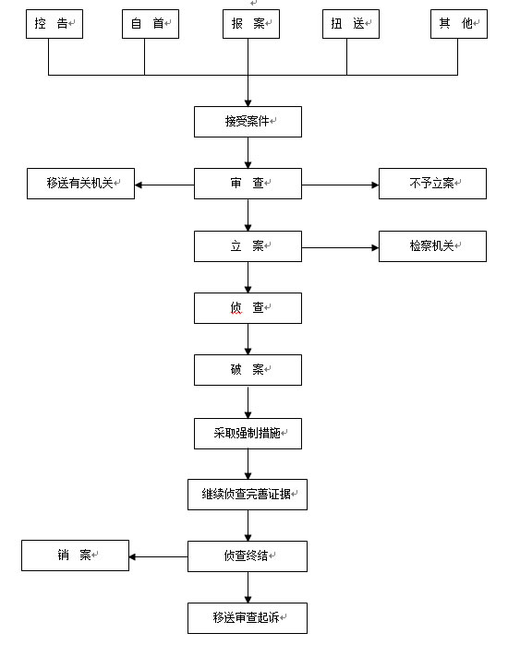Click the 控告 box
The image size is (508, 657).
pos(54,24)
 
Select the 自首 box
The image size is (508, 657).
pos(151,24)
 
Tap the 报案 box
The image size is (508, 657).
pos(251,24)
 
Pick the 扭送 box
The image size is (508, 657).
pos(351,24)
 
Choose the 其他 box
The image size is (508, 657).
pos(459,24)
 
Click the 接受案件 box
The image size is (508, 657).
pos(248,122)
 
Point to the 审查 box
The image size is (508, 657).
pos(248,184)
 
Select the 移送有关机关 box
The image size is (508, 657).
pos(80,184)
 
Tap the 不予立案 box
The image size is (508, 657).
pos(432,184)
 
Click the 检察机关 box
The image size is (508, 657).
pos(432,246)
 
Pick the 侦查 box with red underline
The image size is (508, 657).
pos(248,308)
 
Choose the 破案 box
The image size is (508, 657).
pos(248,370)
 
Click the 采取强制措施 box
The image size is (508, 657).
pos(248,434)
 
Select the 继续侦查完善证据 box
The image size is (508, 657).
pos(248,495)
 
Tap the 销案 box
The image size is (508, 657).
pos(75,555)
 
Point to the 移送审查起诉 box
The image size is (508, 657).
pos(248,618)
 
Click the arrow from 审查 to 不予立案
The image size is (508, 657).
pos(340,185)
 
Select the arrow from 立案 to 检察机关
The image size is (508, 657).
pos(340,247)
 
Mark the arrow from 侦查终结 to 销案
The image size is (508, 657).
pos(158,556)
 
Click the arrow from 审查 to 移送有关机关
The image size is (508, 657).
pos(164,185)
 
